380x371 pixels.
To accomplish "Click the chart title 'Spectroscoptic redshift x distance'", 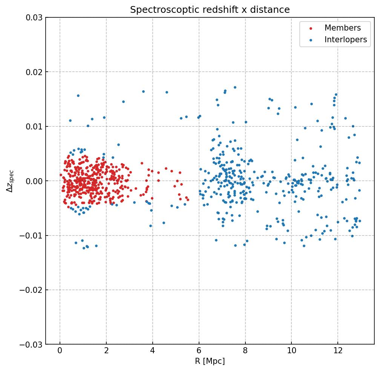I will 210,10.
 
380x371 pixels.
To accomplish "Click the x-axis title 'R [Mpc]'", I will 210,361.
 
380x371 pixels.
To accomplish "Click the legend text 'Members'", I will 342,28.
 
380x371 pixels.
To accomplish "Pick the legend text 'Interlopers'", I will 345,40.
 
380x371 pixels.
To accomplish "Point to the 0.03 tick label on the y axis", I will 34,17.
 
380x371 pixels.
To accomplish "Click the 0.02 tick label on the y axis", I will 34,72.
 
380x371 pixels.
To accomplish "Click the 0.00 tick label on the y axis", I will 34,181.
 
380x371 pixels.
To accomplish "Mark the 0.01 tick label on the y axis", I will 34,126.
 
